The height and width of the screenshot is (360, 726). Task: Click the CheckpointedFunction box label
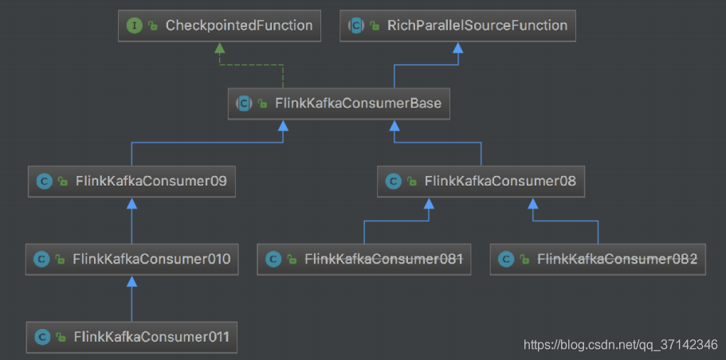tap(239, 25)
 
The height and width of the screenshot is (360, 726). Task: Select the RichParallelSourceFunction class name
tap(477, 25)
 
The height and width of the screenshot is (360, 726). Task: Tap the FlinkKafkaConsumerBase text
tap(359, 104)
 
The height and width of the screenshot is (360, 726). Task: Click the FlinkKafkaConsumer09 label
tap(151, 181)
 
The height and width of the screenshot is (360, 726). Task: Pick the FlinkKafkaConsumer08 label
tap(500, 181)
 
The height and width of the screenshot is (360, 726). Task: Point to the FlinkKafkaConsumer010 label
tap(151, 259)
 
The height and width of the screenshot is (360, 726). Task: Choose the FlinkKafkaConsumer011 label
tap(151, 337)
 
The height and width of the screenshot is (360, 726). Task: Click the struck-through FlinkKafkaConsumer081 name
tap(384, 259)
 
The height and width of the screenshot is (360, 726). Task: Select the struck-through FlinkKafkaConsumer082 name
tap(617, 259)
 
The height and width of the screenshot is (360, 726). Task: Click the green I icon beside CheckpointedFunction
tap(134, 25)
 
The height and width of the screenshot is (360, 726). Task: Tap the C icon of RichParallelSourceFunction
tap(356, 25)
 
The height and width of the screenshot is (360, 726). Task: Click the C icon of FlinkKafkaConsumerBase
tap(244, 104)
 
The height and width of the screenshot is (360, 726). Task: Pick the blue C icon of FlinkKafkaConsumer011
tap(42, 337)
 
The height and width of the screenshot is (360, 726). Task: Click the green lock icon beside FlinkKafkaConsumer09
tap(62, 182)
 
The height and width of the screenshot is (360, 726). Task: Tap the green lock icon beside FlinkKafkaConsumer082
tap(524, 260)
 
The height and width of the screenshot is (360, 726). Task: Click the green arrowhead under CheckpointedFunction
tap(220, 47)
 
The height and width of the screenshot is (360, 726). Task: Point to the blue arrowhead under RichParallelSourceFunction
tap(458, 47)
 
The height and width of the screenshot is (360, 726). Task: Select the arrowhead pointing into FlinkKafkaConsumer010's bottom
tap(132, 281)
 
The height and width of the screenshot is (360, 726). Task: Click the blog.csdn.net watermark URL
tap(621, 344)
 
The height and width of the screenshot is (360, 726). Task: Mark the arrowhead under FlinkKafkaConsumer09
tap(132, 203)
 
